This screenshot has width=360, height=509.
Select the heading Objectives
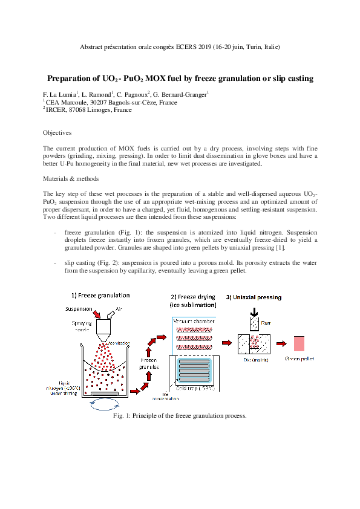[x=57, y=132]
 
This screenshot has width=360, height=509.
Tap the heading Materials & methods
[x=71, y=180]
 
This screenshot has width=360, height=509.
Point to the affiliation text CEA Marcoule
[x=68, y=103]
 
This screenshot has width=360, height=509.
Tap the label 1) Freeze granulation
[x=100, y=295]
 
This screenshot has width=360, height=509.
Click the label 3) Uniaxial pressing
[x=254, y=297]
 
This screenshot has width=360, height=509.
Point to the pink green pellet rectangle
[x=299, y=343]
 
